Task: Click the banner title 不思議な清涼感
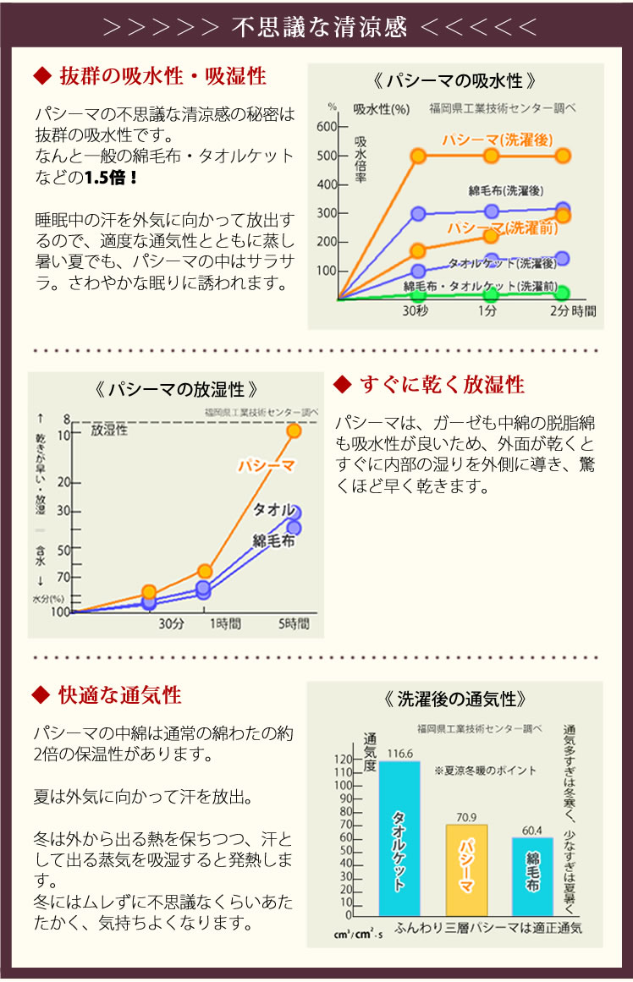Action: click(319, 27)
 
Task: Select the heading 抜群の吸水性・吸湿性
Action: click(162, 77)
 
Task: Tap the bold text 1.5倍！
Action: click(111, 178)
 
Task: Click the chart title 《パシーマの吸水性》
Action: click(454, 82)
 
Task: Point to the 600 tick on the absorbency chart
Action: click(327, 127)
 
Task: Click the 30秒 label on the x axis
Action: click(415, 312)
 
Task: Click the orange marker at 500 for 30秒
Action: click(418, 156)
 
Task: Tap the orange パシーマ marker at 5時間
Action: click(294, 431)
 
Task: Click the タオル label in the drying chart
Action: click(273, 509)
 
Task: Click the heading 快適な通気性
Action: click(119, 695)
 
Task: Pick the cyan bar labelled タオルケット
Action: click(399, 837)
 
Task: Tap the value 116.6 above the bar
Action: click(399, 753)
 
